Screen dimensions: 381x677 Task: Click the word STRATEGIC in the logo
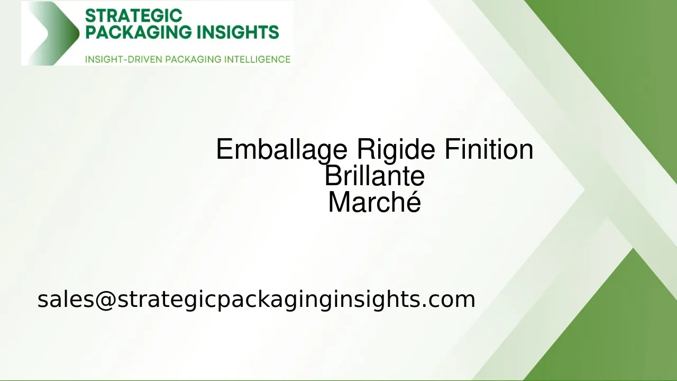tap(133, 16)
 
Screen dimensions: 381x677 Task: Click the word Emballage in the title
tap(282, 150)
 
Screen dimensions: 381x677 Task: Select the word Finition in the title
tap(488, 149)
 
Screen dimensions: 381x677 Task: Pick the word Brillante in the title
tap(374, 176)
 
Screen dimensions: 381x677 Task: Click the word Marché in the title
tap(374, 203)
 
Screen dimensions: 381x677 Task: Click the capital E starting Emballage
tap(225, 149)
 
